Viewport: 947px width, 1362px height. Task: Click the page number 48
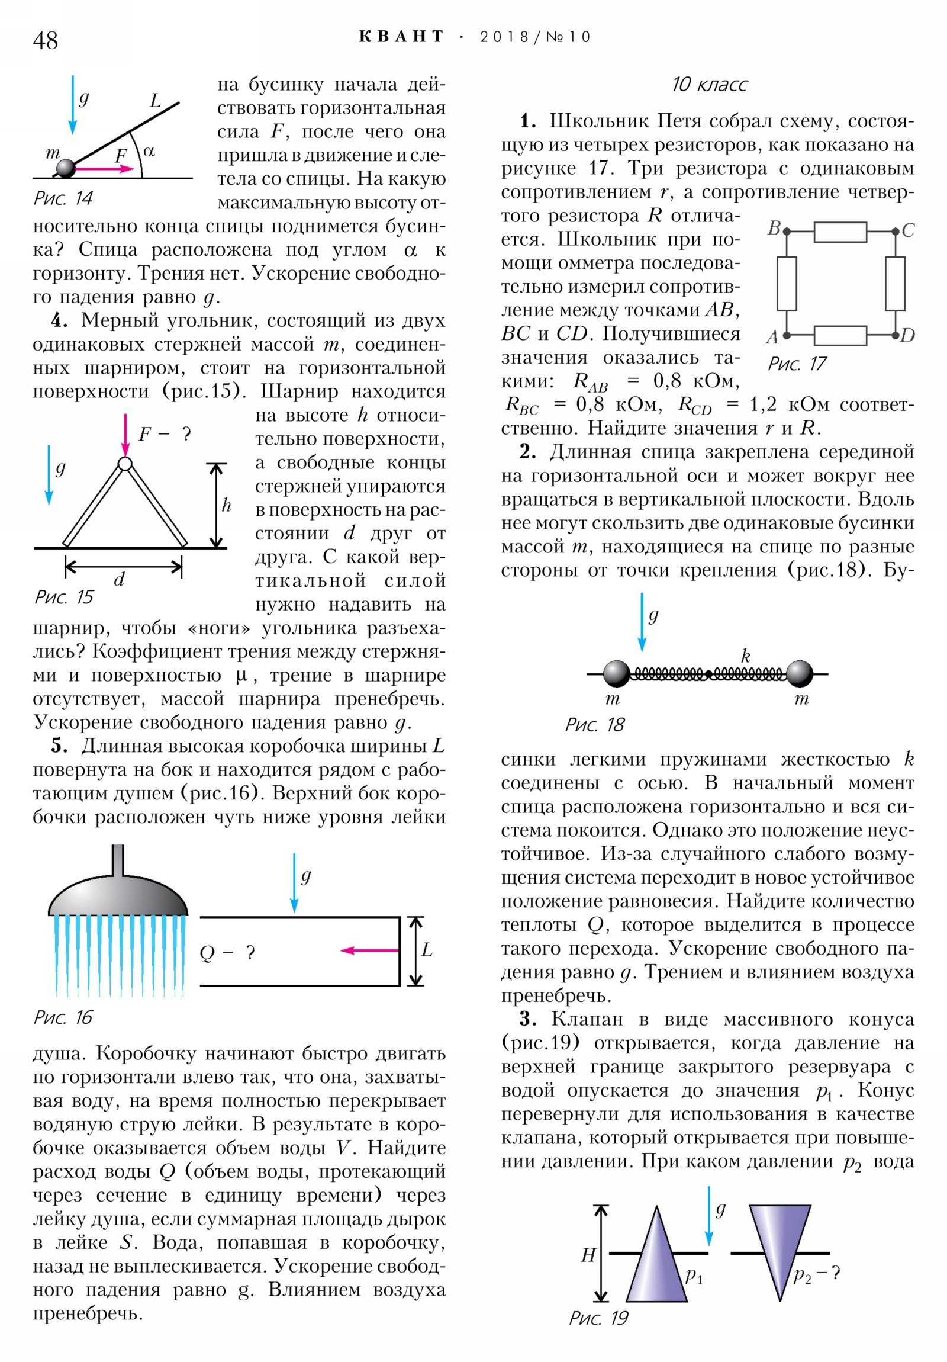pyautogui.click(x=45, y=40)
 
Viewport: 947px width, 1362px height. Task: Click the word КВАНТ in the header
pyautogui.click(x=401, y=37)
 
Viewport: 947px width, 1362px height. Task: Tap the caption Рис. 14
pyautogui.click(x=63, y=198)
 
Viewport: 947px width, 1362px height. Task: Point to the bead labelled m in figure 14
pyautogui.click(x=65, y=168)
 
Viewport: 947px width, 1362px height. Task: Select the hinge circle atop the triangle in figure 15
pyautogui.click(x=124, y=463)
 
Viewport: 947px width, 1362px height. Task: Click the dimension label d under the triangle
pyautogui.click(x=119, y=580)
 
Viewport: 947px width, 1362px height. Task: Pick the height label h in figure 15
pyautogui.click(x=226, y=505)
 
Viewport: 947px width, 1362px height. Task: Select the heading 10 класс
pyautogui.click(x=708, y=85)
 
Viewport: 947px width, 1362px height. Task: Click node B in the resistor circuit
pyautogui.click(x=786, y=232)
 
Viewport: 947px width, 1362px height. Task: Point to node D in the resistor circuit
pyautogui.click(x=896, y=335)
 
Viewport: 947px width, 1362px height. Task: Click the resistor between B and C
pyautogui.click(x=840, y=232)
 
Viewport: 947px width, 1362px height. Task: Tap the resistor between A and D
pyautogui.click(x=840, y=335)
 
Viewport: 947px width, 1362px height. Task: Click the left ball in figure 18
pyautogui.click(x=617, y=674)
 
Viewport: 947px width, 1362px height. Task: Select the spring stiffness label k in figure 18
pyautogui.click(x=745, y=656)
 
